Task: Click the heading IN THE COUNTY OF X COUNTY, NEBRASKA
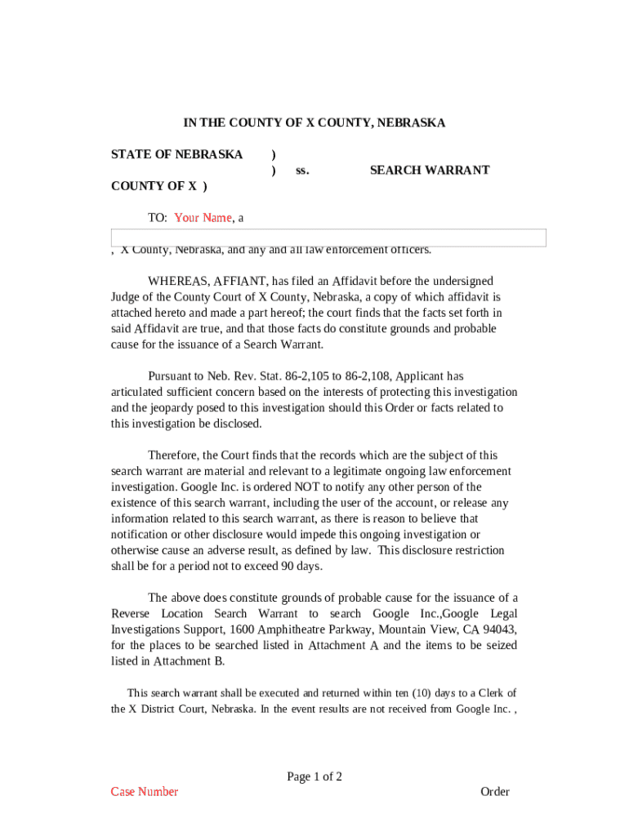pos(314,123)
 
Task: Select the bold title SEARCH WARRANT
pos(429,171)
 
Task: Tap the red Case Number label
pos(145,792)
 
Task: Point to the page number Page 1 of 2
pos(314,776)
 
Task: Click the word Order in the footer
pos(494,792)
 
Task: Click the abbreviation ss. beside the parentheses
pos(302,171)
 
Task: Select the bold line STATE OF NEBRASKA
pos(176,155)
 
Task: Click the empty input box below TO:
pos(328,238)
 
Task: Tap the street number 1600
pos(242,629)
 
